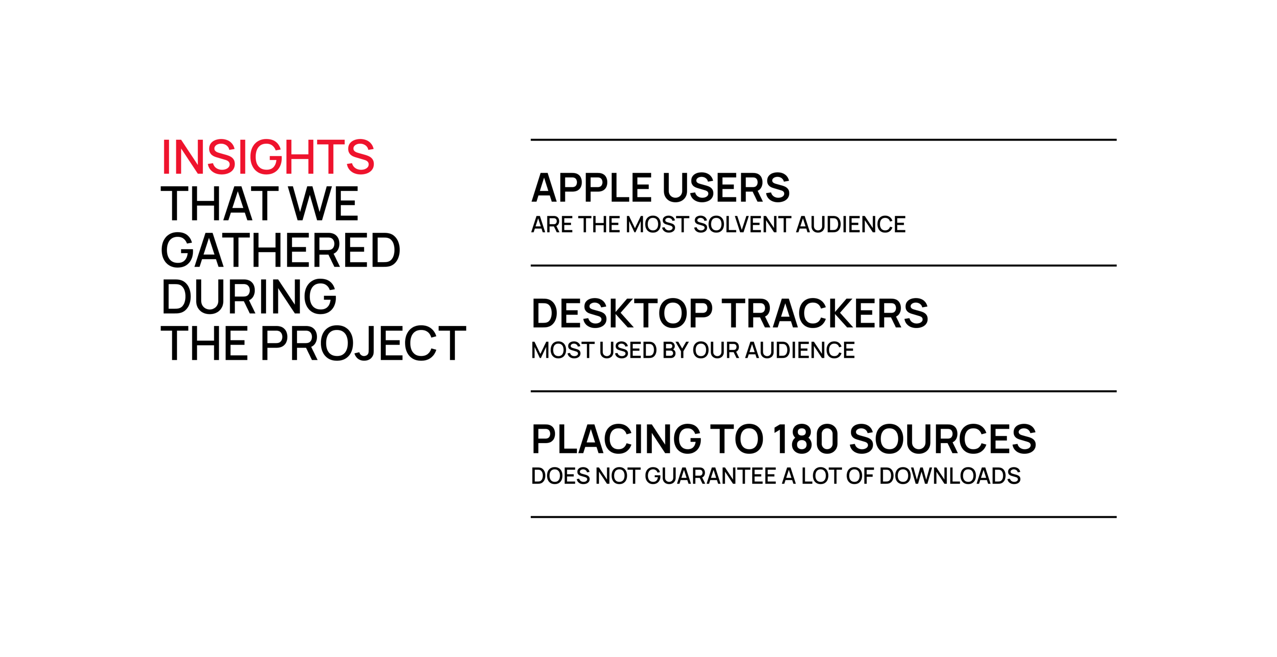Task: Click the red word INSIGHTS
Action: point(268,157)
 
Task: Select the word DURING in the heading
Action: point(249,297)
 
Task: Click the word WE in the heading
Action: point(324,204)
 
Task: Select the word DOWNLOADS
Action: point(950,476)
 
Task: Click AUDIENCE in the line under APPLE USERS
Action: point(851,225)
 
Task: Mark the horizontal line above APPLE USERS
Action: point(823,140)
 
